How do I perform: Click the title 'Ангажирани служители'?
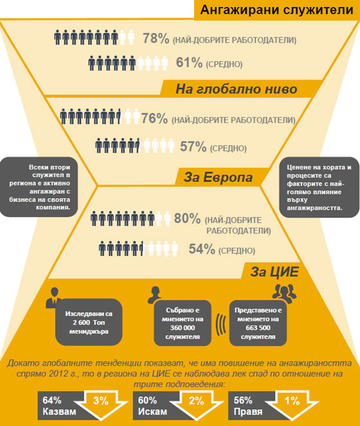[276, 10]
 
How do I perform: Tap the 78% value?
[156, 39]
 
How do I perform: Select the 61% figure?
[189, 62]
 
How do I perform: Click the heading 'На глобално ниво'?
[237, 89]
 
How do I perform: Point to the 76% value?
[154, 118]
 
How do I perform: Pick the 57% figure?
[194, 147]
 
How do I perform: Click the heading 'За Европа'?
[219, 177]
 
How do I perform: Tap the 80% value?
[187, 218]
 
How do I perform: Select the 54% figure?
[202, 249]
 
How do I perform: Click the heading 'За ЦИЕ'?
[274, 272]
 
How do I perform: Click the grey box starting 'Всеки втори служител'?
[39, 187]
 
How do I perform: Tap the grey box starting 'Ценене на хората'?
[319, 187]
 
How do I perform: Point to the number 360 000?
[183, 328]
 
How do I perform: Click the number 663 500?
[258, 328]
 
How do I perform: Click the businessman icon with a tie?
[53, 298]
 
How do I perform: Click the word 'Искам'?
[152, 412]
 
